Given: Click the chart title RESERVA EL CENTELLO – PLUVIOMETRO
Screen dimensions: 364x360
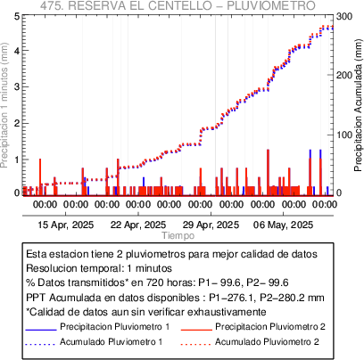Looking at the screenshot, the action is (193, 5).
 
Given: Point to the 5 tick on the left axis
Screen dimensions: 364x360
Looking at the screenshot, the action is (17, 16).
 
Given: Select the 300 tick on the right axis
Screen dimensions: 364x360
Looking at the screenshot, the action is (344, 16).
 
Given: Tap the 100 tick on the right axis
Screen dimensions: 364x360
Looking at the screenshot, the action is (344, 135).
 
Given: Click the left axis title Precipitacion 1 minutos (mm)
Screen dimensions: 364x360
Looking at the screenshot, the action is (5, 105).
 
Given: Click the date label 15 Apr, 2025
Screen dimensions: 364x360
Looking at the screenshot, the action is (66, 225).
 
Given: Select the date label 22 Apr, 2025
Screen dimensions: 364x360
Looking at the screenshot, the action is (138, 225).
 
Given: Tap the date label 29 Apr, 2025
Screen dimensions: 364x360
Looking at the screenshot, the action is (211, 225).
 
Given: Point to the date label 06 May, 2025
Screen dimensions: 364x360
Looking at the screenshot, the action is (283, 225).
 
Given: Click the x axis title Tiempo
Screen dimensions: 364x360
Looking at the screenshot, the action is (178, 235).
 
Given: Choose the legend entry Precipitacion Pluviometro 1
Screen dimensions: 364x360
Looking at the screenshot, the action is (115, 327).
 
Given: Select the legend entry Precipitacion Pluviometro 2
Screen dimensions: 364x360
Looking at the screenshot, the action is (270, 327).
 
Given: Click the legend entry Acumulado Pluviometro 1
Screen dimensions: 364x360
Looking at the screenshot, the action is (112, 341).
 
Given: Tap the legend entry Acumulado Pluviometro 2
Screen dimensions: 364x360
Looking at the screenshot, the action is (267, 341).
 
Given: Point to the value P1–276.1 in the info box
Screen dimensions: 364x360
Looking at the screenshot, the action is (231, 298).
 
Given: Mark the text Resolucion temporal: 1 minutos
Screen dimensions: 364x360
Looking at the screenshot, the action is (99, 268).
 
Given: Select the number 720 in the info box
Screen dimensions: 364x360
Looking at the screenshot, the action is (153, 282).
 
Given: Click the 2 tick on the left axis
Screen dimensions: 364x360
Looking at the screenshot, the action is (17, 123).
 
